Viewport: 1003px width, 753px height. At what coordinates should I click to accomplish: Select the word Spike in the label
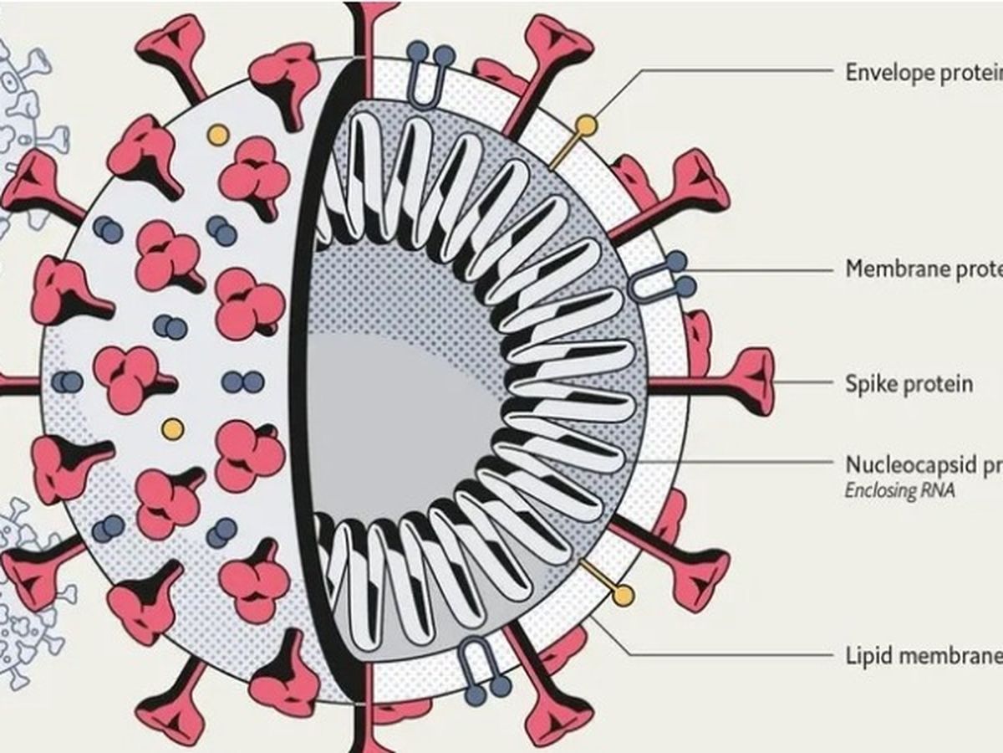pyautogui.click(x=870, y=384)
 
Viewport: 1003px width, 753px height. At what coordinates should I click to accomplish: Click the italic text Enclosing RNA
pyautogui.click(x=899, y=491)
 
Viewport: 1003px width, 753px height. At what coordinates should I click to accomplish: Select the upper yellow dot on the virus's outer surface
pyautogui.click(x=217, y=134)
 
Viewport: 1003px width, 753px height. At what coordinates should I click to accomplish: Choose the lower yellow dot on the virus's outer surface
pyautogui.click(x=172, y=429)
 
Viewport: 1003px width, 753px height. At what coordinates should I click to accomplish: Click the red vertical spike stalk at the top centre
pyautogui.click(x=366, y=33)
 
